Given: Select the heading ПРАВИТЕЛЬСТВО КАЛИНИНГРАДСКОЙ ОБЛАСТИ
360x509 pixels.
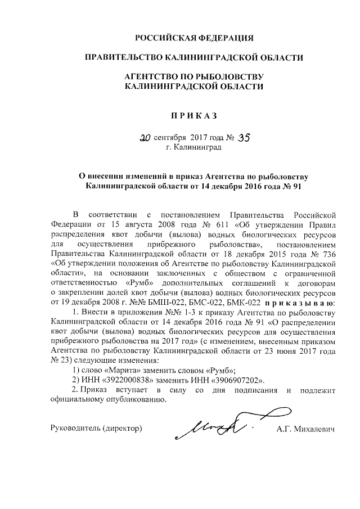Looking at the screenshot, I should pyautogui.click(x=193, y=57).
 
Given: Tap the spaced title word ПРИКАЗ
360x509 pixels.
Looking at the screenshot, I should pyautogui.click(x=193, y=115).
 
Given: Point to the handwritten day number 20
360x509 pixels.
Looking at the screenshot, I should pyautogui.click(x=145, y=137).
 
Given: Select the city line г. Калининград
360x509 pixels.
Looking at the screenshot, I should pyautogui.click(x=193, y=148).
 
